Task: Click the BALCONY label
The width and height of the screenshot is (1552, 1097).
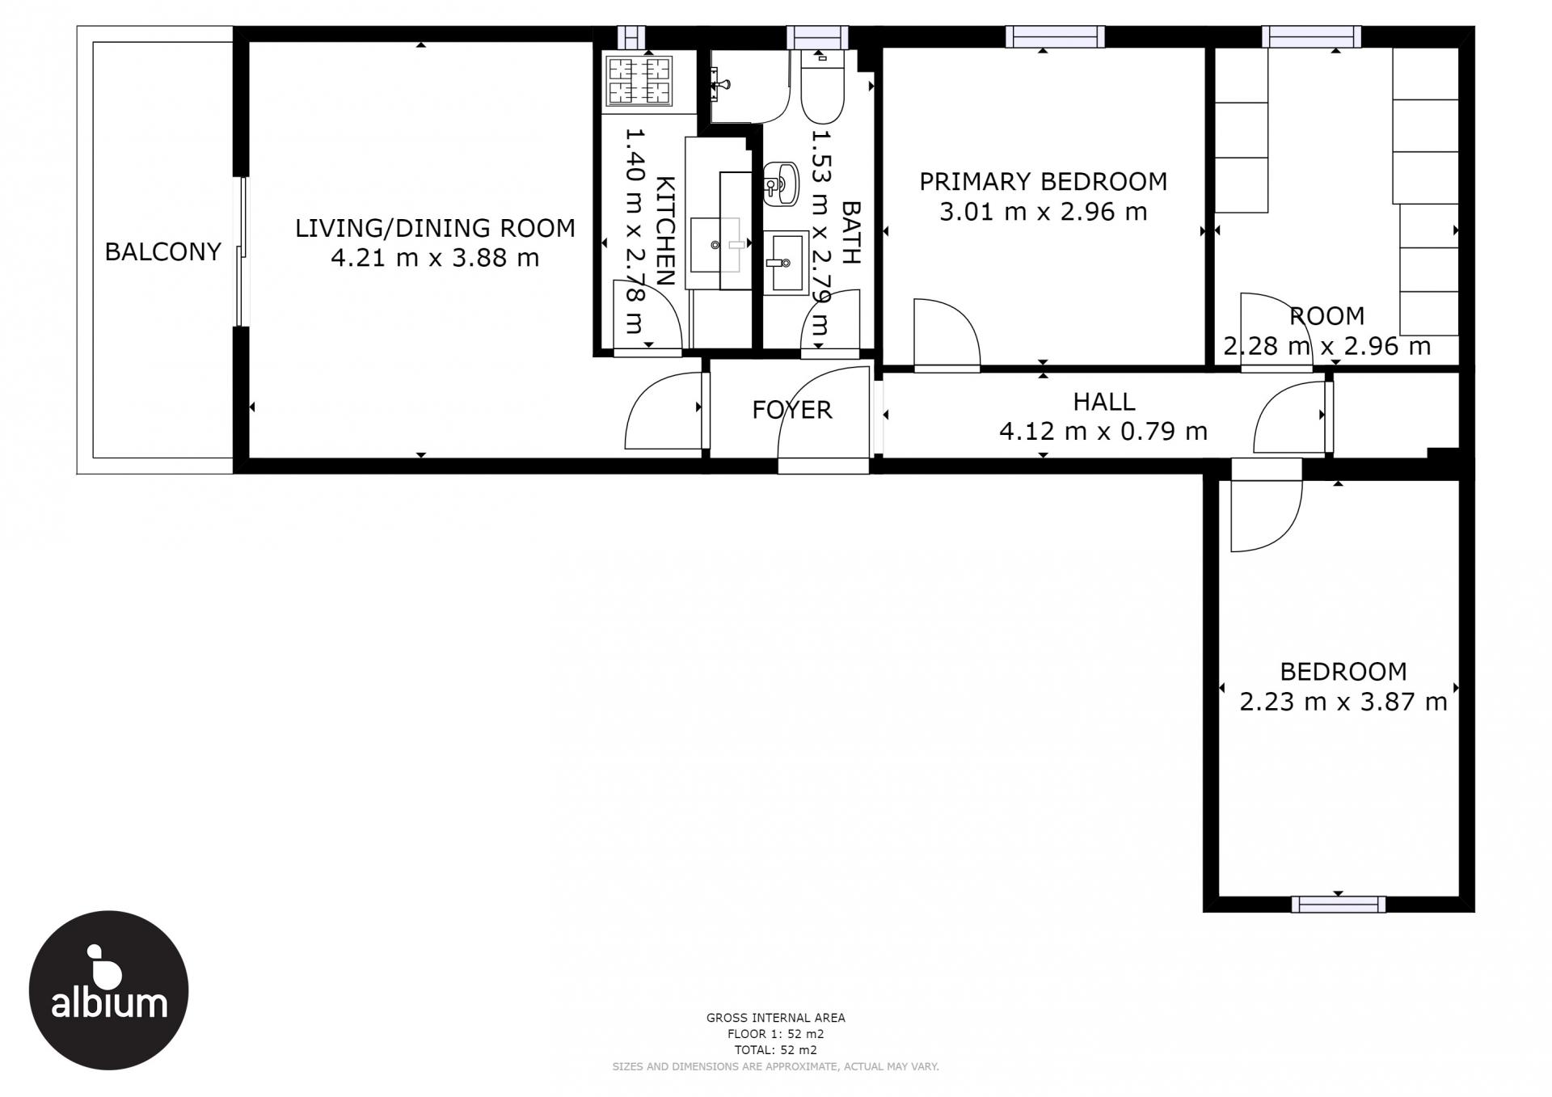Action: pos(162,252)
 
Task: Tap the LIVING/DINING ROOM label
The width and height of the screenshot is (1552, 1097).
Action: pos(435,228)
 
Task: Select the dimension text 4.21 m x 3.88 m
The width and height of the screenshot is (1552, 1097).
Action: pos(435,258)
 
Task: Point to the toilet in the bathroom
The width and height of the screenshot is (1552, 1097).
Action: pos(823,86)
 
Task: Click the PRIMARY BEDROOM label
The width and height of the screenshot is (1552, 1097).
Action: pos(1043,181)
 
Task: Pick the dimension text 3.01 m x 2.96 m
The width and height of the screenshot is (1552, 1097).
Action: pos(1043,212)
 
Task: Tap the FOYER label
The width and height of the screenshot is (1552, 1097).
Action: pos(791,410)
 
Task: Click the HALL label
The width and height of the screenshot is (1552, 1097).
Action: pos(1103,401)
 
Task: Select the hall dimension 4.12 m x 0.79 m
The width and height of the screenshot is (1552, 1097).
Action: pos(1103,431)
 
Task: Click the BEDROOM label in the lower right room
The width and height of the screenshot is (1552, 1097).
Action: pos(1343,671)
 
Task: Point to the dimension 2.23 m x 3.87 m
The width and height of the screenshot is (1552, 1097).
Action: pos(1343,701)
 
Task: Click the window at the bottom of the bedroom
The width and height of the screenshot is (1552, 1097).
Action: pos(1338,904)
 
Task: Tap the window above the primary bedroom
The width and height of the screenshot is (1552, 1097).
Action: pos(1055,36)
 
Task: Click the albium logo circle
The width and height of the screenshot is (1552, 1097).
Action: pos(108,990)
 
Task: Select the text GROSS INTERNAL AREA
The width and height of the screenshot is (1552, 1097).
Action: pos(775,1018)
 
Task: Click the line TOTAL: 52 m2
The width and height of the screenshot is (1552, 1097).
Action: pos(775,1050)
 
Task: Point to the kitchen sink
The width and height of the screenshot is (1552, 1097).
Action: pos(718,244)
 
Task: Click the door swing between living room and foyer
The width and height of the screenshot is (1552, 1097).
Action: pos(663,411)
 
